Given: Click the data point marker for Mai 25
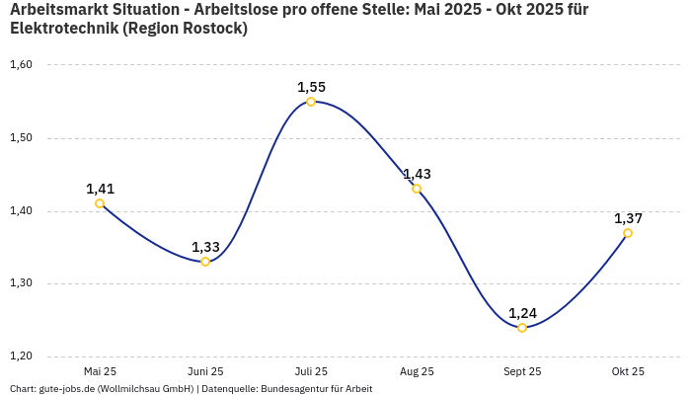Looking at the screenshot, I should [100, 203].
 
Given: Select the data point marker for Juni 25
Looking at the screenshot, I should [205, 262].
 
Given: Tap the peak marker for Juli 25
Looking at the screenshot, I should [311, 102].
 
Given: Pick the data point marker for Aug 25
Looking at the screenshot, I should [417, 189].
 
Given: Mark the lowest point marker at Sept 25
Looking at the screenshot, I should [522, 328].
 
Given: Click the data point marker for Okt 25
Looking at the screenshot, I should [628, 233].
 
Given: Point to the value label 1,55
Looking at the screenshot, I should [311, 87].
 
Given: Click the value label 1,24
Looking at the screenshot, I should [522, 313].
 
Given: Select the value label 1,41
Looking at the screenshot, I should [100, 189].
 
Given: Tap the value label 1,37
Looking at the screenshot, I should [628, 218].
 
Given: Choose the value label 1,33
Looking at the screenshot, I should [205, 247].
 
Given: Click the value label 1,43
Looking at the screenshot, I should [417, 174].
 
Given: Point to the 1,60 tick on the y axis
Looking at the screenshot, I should [21, 65].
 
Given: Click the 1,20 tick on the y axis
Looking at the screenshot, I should [21, 356].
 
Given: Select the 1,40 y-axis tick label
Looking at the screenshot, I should [21, 211].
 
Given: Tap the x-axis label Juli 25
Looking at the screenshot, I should [311, 371].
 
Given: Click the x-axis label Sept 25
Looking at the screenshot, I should [522, 371].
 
